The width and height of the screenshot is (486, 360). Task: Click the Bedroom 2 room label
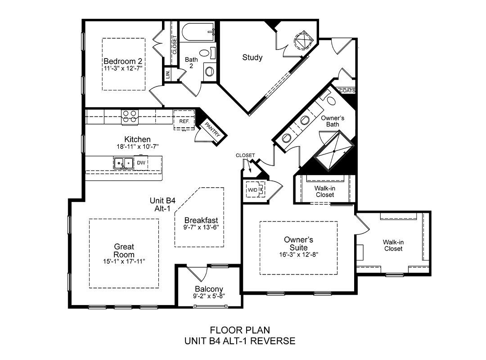coord(123,61)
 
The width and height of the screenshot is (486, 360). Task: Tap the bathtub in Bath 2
coord(198,32)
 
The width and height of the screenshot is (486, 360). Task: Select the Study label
coord(252,57)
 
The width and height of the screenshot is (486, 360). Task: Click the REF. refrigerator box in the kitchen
coord(184,119)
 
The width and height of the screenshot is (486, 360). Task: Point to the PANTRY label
coord(212,129)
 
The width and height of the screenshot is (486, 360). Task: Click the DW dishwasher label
coord(141,163)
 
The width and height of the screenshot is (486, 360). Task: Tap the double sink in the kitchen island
coord(123,163)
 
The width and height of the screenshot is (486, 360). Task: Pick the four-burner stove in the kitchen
coord(130,117)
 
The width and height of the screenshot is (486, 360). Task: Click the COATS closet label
coord(347,91)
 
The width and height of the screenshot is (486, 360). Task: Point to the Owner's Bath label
coord(333,121)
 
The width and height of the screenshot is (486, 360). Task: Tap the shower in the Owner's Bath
coord(334,151)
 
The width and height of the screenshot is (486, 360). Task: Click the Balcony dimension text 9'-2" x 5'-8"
coord(209,296)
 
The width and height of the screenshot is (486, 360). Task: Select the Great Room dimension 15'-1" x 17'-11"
coord(124,261)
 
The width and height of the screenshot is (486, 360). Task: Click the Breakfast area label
coord(201,220)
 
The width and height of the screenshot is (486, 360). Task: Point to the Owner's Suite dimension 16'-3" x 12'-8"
coord(299,255)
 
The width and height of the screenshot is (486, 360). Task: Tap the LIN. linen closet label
coord(168,74)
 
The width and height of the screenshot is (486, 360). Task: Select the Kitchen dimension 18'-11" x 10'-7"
coord(137,147)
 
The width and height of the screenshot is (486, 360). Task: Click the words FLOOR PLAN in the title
coord(240,330)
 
